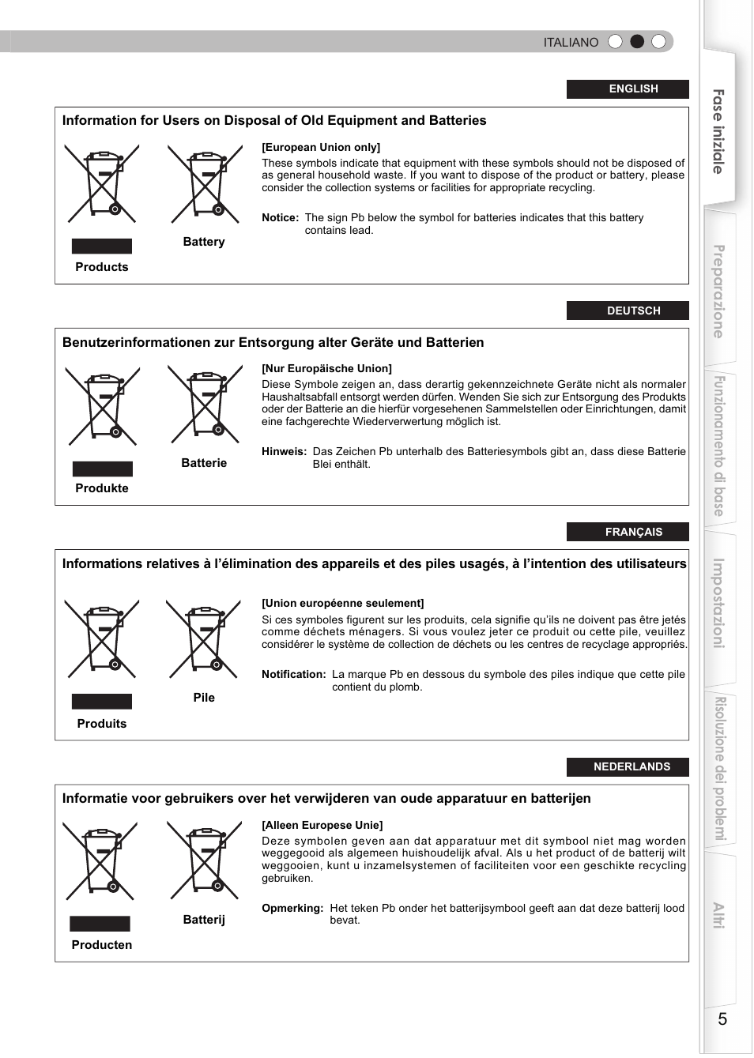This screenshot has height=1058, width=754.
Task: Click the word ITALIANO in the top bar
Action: [x=571, y=43]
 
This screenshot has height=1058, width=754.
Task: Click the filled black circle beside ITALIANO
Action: [x=637, y=42]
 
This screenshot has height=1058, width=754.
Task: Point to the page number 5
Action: [x=722, y=1018]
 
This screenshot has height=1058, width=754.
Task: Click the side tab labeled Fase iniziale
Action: [x=718, y=131]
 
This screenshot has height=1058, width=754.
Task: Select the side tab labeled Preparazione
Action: [x=718, y=291]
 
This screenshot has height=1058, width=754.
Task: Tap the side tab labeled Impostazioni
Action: [x=718, y=603]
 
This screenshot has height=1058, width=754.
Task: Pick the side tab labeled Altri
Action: [x=718, y=914]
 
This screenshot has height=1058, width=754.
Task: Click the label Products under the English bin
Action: [x=102, y=267]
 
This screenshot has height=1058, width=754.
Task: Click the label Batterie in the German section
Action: [x=204, y=463]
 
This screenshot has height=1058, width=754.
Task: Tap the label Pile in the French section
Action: [x=204, y=698]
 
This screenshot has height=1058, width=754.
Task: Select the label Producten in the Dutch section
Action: [x=102, y=945]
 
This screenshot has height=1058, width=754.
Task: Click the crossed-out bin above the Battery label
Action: [x=205, y=184]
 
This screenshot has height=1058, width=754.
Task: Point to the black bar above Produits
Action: [x=102, y=702]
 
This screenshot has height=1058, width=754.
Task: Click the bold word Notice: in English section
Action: [x=280, y=218]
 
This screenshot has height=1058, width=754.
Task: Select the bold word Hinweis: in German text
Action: [x=284, y=452]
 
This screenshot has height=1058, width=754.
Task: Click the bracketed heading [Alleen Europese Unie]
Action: [x=322, y=825]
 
